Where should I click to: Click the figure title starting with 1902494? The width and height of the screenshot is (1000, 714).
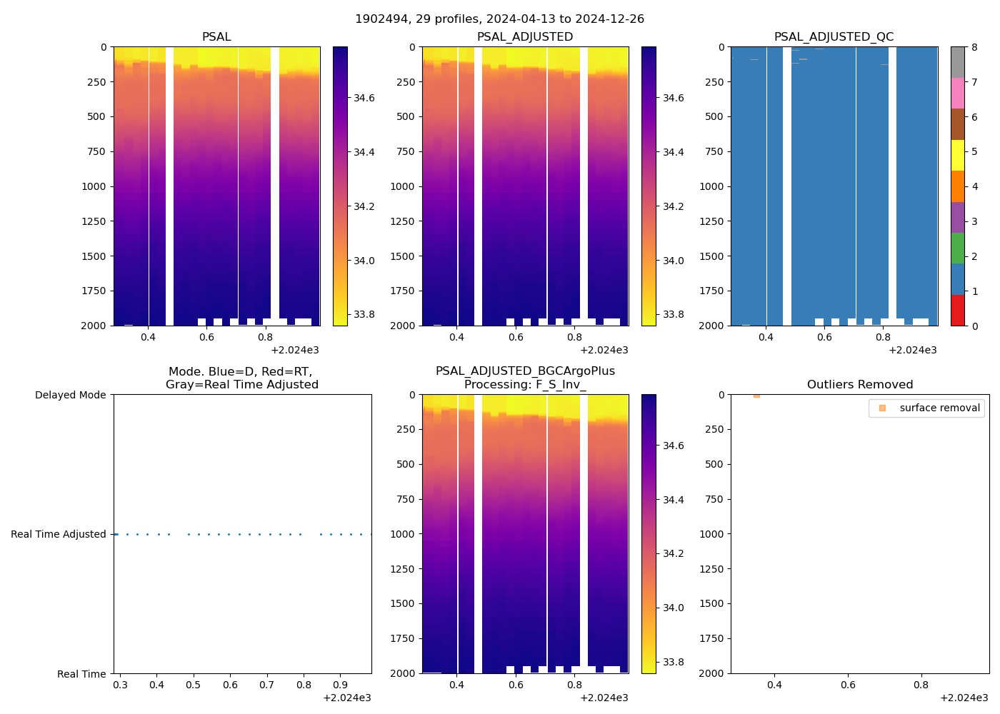coord(499,19)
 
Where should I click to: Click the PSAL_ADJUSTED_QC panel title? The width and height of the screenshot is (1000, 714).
coord(834,37)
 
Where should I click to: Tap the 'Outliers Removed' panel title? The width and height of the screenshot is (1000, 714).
coord(859,385)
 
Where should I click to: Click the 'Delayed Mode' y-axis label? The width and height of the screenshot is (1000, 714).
coord(70,395)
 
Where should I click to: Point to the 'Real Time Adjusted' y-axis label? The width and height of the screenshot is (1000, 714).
coord(59,534)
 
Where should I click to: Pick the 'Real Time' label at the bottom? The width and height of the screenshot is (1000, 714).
coord(81,674)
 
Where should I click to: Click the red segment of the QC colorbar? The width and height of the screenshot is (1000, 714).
coord(957,310)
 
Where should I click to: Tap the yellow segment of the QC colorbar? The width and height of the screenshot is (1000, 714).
coord(957,155)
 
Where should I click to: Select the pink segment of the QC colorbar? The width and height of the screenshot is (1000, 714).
coord(957,93)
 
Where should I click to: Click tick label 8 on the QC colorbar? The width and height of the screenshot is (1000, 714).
coord(974,47)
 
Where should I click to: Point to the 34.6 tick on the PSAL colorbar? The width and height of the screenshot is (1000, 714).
coord(364,98)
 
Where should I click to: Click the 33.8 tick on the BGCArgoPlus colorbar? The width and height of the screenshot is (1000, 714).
coord(673,662)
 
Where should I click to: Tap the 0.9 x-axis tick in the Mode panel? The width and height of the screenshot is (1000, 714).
coord(340,685)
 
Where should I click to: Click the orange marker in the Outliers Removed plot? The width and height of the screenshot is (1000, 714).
coord(756,396)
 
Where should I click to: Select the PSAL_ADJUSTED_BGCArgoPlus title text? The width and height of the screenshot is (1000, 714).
coord(525,371)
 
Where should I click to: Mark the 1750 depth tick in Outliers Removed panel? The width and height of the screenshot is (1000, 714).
coord(711,638)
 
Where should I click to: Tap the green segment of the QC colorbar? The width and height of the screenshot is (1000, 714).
coord(957,248)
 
